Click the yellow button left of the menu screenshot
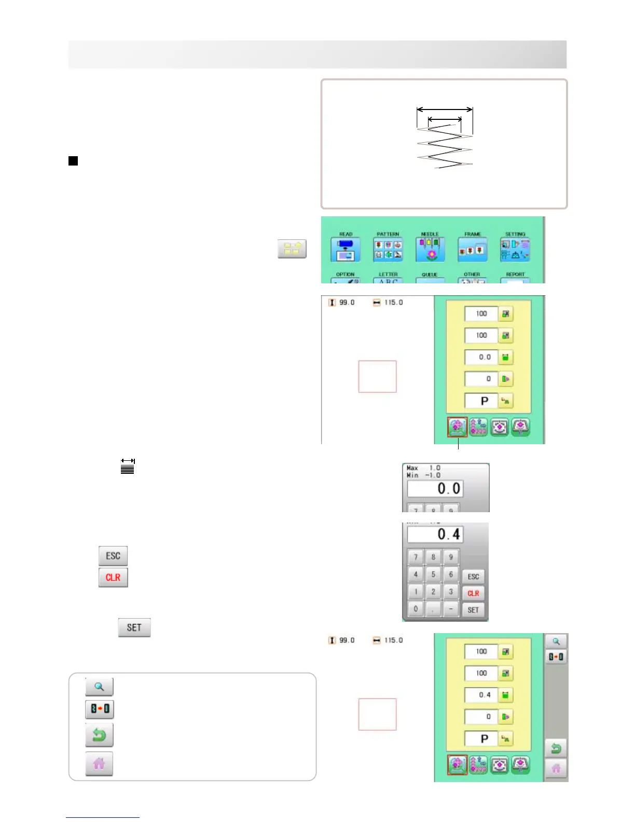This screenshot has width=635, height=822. click(x=292, y=249)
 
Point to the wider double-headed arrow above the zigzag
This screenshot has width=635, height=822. click(x=445, y=109)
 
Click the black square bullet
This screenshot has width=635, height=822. click(x=73, y=161)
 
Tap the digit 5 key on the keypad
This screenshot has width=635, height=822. click(x=433, y=574)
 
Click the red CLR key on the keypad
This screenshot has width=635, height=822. click(x=473, y=593)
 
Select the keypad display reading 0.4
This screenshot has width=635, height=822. click(x=435, y=535)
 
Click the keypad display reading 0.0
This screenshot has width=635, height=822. click(x=435, y=489)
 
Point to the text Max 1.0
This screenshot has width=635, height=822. click(x=423, y=468)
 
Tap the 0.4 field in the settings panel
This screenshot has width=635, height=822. click(x=481, y=695)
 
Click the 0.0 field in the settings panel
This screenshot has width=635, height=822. click(x=481, y=357)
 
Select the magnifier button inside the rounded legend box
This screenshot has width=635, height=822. click(x=99, y=687)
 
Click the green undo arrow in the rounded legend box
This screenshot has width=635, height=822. click(x=99, y=735)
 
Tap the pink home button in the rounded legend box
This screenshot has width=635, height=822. click(x=99, y=763)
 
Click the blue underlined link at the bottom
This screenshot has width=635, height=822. click(x=103, y=817)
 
